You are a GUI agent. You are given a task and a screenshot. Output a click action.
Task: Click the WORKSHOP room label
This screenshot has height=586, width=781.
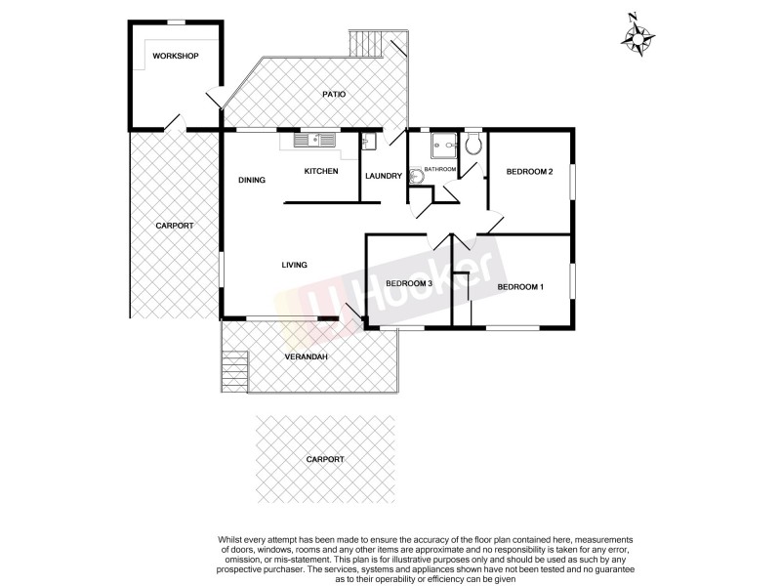click(x=176, y=56)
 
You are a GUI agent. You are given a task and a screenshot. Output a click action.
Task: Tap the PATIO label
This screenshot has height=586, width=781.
click(x=334, y=95)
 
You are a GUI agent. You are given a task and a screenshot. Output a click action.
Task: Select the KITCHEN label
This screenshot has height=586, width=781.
click(x=321, y=172)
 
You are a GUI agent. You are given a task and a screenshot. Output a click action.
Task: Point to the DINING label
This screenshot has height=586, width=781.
click(x=252, y=180)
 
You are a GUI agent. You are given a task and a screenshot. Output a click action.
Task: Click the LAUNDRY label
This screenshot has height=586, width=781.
click(x=384, y=176)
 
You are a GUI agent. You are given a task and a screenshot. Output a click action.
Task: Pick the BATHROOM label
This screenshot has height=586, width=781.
click(x=440, y=170)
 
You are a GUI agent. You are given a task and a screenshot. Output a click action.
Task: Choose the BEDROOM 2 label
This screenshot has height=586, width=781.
click(x=530, y=172)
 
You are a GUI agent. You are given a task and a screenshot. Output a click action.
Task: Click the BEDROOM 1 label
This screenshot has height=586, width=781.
click(x=520, y=286)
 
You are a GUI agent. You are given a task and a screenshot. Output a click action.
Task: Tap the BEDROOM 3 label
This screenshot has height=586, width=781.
click(x=409, y=283)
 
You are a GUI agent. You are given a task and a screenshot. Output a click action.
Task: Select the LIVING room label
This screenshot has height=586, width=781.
click(x=295, y=265)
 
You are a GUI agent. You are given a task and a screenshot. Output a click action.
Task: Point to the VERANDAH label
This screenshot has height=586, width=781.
click(x=306, y=357)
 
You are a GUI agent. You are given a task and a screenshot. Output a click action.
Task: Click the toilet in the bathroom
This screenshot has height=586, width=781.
click(x=473, y=146)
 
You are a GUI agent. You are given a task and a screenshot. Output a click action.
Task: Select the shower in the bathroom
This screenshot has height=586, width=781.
click(x=443, y=146)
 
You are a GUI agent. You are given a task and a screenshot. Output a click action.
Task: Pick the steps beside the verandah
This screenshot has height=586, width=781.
click(x=231, y=371)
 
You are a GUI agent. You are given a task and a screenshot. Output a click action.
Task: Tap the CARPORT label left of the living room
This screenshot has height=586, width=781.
click(x=174, y=226)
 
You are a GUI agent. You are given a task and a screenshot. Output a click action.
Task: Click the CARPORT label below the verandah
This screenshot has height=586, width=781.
click(x=325, y=459)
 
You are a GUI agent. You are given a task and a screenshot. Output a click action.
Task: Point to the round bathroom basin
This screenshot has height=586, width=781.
click(x=416, y=177)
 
